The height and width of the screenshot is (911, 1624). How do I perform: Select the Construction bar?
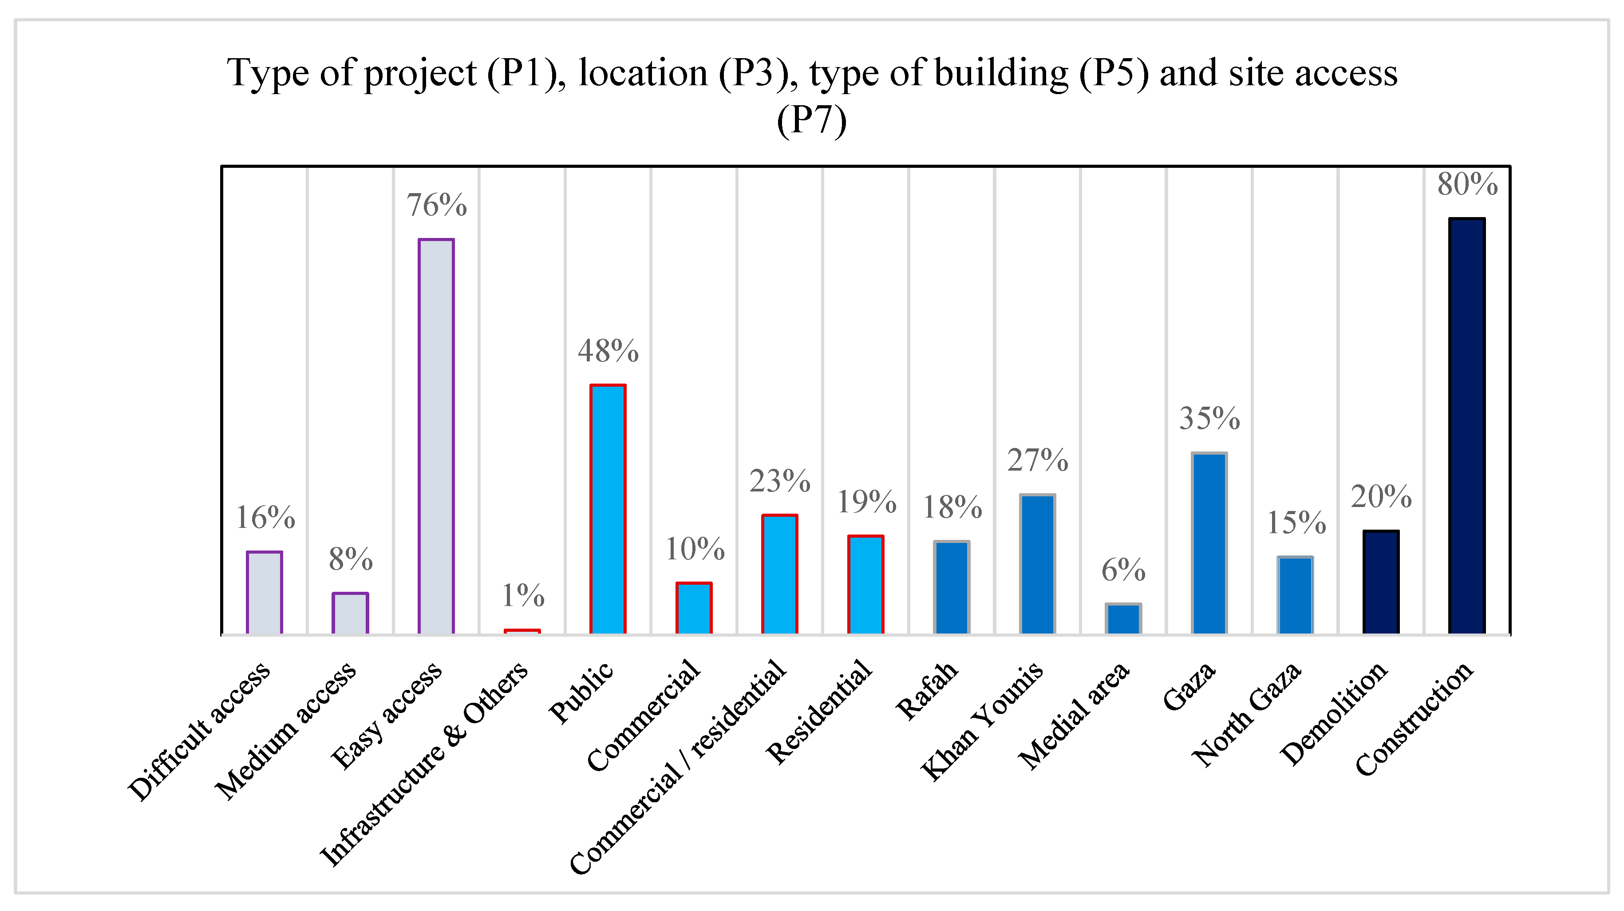pos(1466,426)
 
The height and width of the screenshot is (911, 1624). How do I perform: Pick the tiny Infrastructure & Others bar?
pos(522,631)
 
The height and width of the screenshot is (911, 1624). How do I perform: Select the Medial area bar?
pos(1123,618)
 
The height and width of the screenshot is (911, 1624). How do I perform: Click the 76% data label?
pos(436,205)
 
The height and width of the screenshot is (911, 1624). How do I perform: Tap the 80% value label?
pos(1467,184)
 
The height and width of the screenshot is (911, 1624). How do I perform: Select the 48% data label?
pos(608,351)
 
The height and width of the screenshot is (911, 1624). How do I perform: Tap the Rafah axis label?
pos(926,690)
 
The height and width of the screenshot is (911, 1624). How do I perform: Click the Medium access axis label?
pos(285,731)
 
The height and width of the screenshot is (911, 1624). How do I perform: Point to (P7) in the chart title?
pos(811,120)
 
